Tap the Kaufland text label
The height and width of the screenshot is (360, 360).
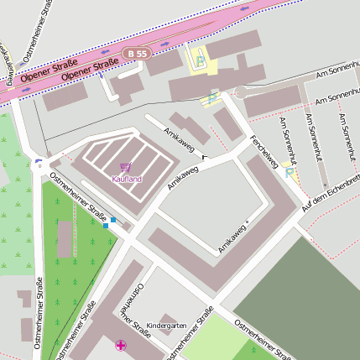[127, 179]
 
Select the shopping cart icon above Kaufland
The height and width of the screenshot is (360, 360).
[126, 168]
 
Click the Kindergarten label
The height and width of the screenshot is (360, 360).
[166, 325]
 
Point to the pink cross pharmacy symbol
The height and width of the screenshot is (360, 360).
[122, 346]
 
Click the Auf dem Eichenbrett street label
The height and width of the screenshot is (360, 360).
[332, 194]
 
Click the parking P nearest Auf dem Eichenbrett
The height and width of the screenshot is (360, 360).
[290, 174]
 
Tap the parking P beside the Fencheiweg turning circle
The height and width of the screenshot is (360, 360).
[211, 98]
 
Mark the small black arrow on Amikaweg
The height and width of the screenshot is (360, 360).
[204, 156]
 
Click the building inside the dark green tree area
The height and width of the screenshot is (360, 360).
[65, 239]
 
